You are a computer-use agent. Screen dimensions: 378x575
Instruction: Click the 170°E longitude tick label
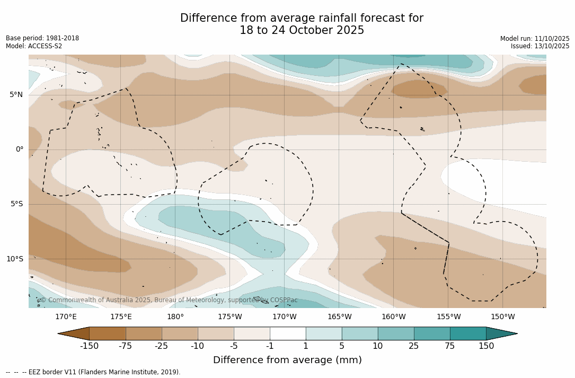tap(66, 317)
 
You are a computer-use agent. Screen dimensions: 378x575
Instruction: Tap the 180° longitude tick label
tap(175, 317)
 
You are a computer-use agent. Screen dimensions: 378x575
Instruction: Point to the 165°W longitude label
tap(339, 317)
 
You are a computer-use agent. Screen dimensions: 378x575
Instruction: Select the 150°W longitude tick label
tap(502, 317)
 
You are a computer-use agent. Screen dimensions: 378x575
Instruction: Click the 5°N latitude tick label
tap(16, 95)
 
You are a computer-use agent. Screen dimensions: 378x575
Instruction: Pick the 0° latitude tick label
tap(20, 150)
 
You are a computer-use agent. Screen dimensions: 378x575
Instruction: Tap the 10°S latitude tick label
tap(14, 259)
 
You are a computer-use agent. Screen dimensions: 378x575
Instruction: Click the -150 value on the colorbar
tap(90, 346)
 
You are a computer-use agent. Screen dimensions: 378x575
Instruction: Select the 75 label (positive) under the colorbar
tap(450, 346)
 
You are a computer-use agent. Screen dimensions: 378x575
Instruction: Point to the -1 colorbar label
tap(270, 346)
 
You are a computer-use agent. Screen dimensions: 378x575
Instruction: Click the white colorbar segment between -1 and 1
tap(288, 333)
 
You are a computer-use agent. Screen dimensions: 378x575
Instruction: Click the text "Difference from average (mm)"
tap(287, 361)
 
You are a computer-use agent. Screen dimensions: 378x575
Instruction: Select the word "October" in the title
tap(302, 30)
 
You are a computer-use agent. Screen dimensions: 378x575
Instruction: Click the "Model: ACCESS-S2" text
tap(34, 46)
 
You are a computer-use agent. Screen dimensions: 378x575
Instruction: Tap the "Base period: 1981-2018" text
tap(42, 38)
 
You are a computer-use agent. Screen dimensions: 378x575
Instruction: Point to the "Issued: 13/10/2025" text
tap(540, 46)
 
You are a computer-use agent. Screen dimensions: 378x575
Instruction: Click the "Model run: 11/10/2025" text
tap(535, 39)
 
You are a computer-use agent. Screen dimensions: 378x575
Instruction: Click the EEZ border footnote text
tap(93, 372)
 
